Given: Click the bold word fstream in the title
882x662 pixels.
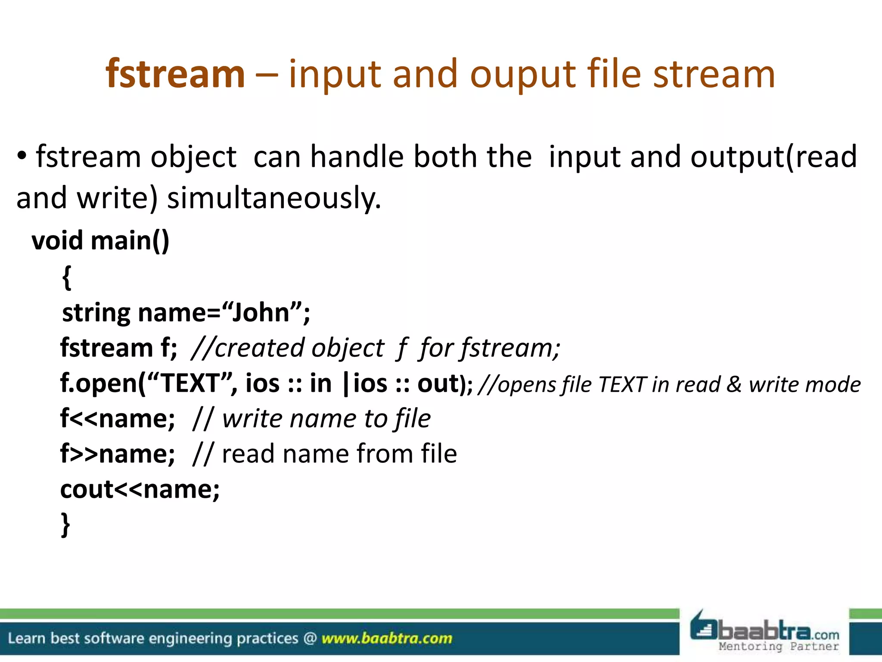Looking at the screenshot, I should [175, 74].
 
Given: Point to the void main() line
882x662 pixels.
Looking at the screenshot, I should [100, 240].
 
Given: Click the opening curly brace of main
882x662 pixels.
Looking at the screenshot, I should [66, 277].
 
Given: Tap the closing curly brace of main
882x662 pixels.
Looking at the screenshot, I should [65, 524].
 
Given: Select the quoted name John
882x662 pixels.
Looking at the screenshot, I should [261, 312].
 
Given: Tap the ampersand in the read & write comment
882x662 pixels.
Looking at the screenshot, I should [734, 384].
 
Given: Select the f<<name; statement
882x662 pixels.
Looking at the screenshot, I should [118, 418].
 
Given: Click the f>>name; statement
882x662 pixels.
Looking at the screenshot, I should [118, 454].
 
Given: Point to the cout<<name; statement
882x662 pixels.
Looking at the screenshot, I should [140, 489].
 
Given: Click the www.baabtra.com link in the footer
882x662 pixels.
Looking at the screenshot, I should [387, 638].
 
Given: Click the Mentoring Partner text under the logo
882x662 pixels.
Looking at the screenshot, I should [778, 646].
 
